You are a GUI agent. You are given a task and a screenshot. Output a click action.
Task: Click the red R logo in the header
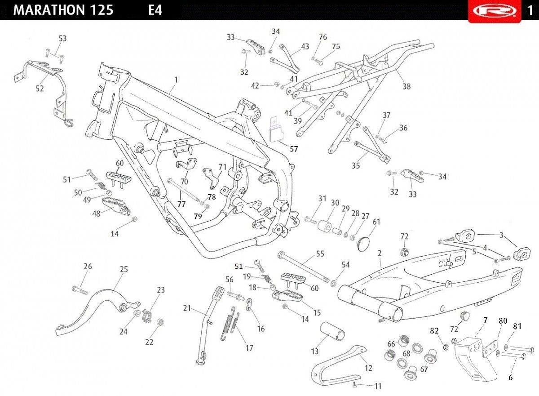point(495,11)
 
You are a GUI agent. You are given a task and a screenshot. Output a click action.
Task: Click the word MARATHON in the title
point(49,10)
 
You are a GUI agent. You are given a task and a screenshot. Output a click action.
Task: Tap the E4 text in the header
point(155,10)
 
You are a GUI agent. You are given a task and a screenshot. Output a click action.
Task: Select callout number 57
point(294,149)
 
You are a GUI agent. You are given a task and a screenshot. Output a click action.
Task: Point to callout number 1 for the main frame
point(176,80)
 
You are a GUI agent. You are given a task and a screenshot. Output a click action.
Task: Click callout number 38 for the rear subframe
point(406,86)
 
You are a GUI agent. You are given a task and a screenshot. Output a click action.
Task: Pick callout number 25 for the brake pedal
point(124,269)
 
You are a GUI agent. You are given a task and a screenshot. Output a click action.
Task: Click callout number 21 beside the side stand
point(187,308)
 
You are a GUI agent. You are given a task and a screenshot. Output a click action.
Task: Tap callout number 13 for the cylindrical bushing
point(315,352)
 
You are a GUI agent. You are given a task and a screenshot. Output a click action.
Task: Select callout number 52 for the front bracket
point(40,89)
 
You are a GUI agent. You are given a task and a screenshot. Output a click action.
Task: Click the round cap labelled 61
point(363,245)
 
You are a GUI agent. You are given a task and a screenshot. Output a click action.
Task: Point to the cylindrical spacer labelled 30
point(324,225)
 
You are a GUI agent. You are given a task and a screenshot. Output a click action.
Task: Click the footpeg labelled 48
point(116,205)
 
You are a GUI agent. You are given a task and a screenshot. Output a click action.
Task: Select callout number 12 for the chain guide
point(368,368)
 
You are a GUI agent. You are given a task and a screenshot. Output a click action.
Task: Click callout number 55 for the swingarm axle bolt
point(320,254)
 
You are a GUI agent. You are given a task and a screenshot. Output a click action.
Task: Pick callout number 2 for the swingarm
point(380,253)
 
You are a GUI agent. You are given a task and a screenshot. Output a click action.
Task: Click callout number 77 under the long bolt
point(181,205)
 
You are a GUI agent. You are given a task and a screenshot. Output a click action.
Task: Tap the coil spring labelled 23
point(146,316)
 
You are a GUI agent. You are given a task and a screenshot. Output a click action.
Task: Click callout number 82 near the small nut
point(434,331)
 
